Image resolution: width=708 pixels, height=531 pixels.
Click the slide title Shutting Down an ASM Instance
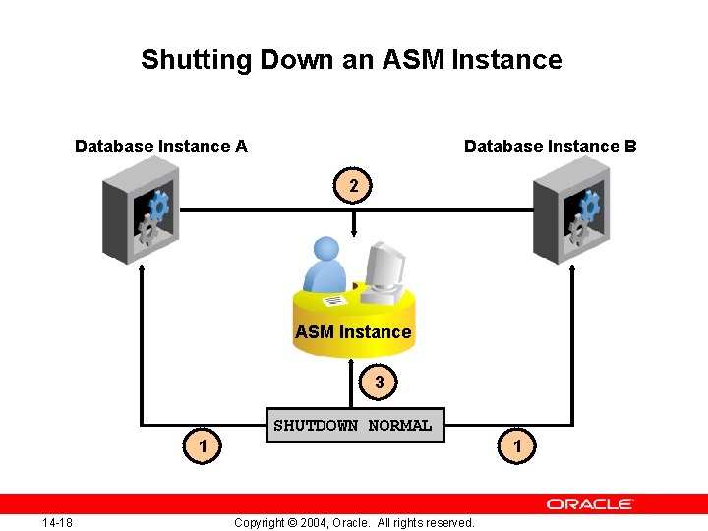point(351,60)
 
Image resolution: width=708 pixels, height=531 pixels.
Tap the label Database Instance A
point(161,147)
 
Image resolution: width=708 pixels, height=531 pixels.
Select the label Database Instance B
point(550,147)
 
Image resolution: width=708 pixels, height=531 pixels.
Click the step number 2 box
point(354,184)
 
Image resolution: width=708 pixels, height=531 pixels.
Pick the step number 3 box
point(380,383)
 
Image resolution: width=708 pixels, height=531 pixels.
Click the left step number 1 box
point(202,447)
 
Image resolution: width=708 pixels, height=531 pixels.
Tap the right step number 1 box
point(517,447)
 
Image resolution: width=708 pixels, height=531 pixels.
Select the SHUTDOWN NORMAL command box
point(352,426)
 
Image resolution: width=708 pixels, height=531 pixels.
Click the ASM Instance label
point(353,332)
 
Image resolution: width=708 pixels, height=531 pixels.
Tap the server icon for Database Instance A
point(140,217)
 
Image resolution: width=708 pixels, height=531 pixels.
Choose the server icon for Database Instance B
point(569,217)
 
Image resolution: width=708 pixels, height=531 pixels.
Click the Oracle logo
point(590,504)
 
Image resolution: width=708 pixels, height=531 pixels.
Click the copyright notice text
point(354,522)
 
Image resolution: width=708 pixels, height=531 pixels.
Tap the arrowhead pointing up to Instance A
point(142,269)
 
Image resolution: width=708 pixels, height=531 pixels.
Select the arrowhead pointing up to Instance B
point(572,269)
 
